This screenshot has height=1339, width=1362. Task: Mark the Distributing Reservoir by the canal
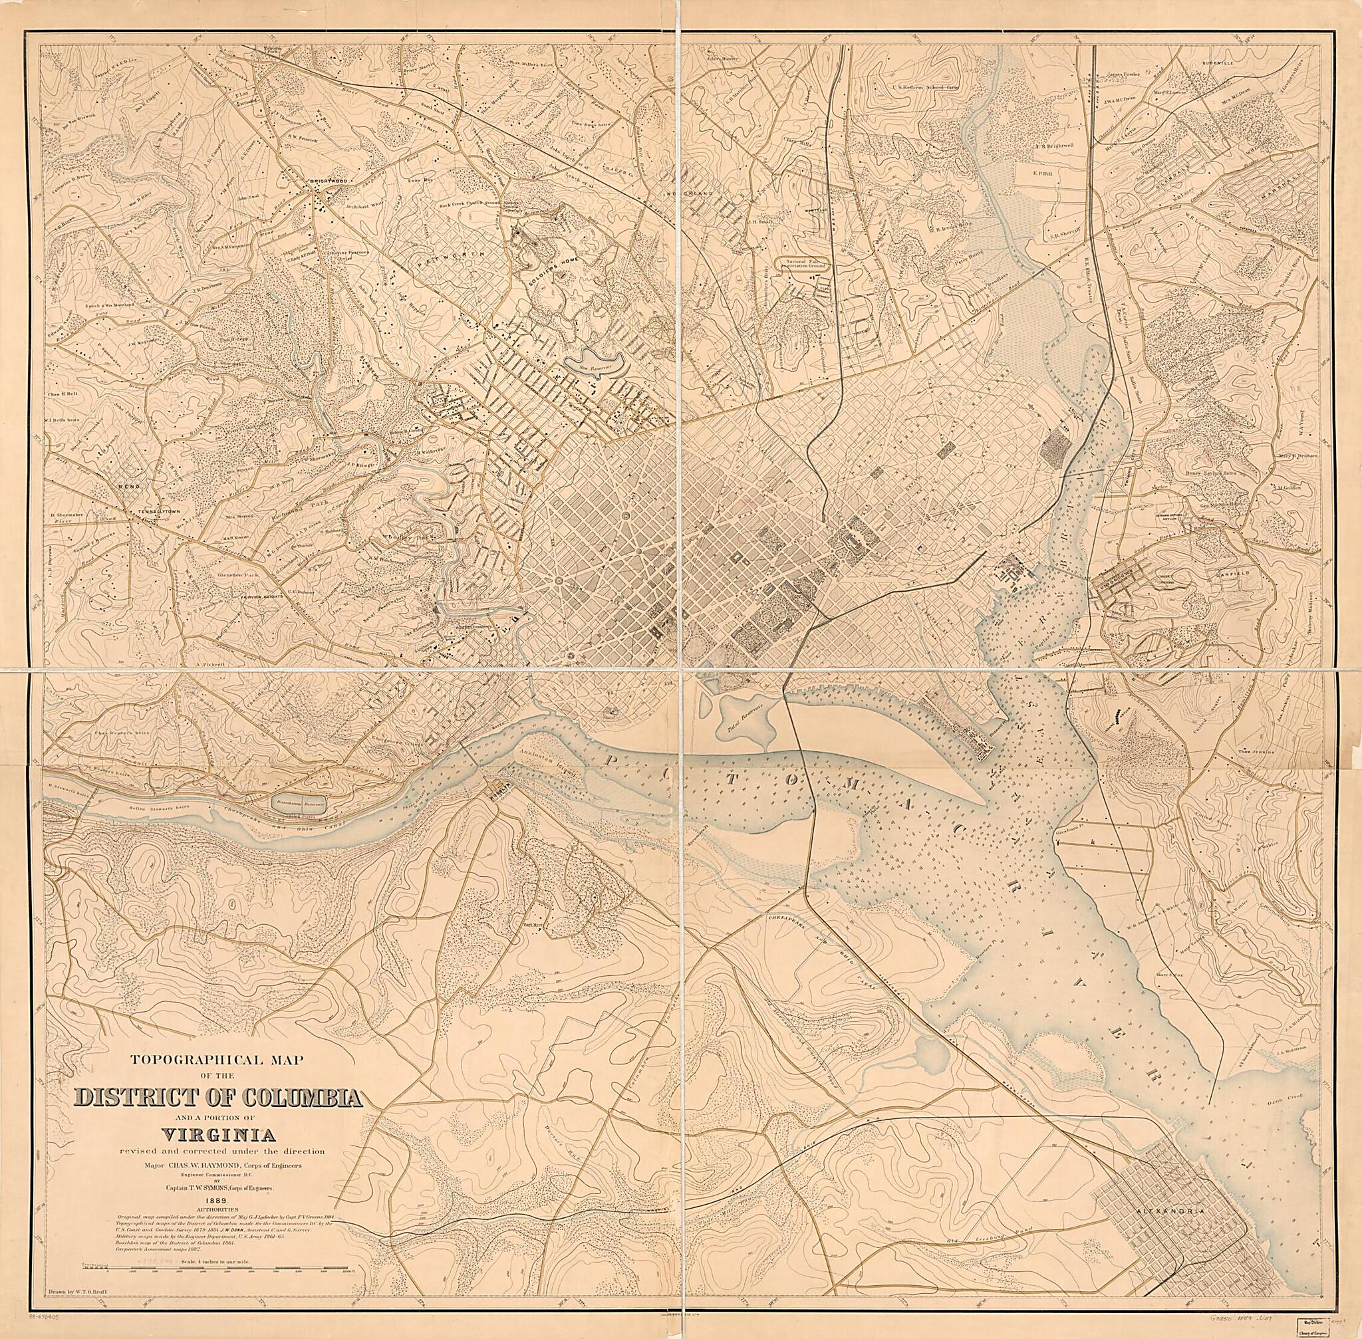[299, 802]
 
